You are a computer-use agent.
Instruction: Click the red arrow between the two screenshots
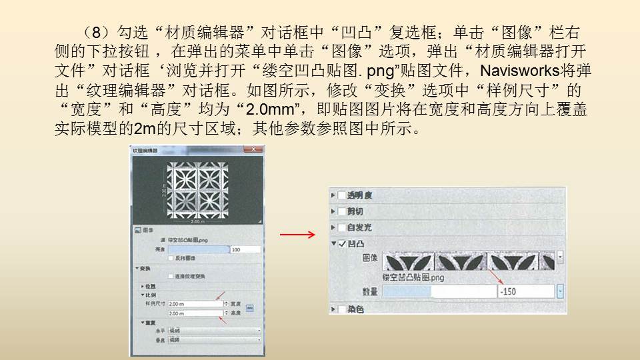[x=297, y=235]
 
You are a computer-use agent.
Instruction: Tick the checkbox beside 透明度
[x=341, y=195]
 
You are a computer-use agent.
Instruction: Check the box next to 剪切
[x=341, y=211]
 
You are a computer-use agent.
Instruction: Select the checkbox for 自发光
[x=341, y=227]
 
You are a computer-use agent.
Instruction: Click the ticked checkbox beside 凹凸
[x=341, y=244]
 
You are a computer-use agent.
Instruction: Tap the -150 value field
[x=525, y=291]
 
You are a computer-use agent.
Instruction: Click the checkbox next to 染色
[x=341, y=309]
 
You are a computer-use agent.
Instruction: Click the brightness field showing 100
[x=245, y=249]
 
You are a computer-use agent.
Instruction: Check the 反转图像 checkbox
[x=172, y=257]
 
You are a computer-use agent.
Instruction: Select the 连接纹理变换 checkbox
[x=172, y=276]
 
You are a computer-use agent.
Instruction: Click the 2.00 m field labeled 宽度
[x=194, y=303]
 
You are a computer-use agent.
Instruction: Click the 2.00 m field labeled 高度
[x=194, y=313]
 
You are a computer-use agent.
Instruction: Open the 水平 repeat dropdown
[x=214, y=331]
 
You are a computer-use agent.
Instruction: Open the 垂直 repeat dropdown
[x=214, y=339]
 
